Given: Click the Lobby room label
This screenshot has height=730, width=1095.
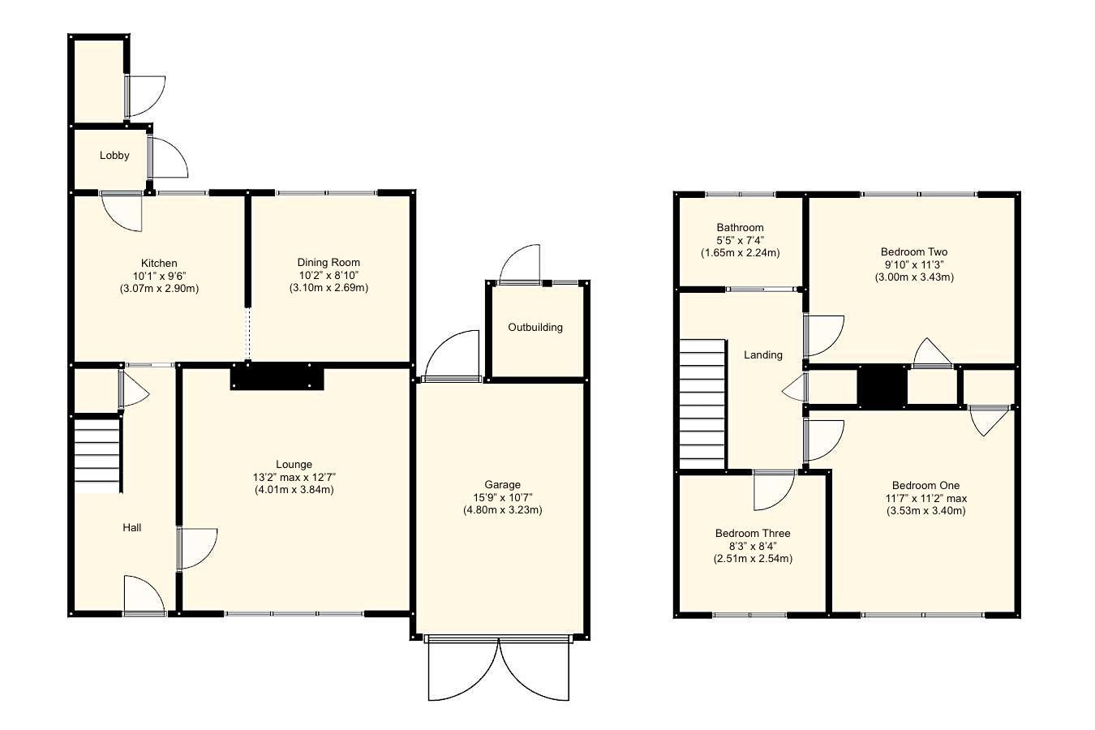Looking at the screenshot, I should pyautogui.click(x=114, y=155).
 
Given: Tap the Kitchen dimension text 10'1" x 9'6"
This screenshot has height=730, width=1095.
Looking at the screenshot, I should pyautogui.click(x=159, y=276).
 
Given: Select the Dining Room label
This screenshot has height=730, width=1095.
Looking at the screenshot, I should pyautogui.click(x=328, y=262).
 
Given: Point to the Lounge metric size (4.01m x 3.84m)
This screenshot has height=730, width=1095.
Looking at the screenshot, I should pyautogui.click(x=294, y=489).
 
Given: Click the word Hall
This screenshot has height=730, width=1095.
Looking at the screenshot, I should pyautogui.click(x=131, y=527).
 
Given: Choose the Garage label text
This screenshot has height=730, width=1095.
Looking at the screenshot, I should pyautogui.click(x=502, y=484).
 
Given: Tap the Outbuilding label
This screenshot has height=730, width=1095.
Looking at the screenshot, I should pyautogui.click(x=535, y=327).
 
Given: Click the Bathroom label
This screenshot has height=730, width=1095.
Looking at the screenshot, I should pyautogui.click(x=740, y=227).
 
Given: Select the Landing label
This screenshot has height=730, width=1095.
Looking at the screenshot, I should pyautogui.click(x=763, y=354).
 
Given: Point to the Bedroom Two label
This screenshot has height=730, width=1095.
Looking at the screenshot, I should pyautogui.click(x=913, y=251).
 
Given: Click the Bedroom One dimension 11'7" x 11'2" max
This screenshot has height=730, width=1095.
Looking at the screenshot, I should pyautogui.click(x=925, y=498).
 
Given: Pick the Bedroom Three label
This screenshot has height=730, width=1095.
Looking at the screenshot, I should pyautogui.click(x=753, y=533).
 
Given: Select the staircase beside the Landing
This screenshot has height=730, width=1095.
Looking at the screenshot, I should pyautogui.click(x=702, y=403).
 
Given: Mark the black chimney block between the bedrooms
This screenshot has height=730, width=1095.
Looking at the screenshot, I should pyautogui.click(x=882, y=386).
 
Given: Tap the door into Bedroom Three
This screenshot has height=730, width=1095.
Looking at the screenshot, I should pyautogui.click(x=773, y=490).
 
